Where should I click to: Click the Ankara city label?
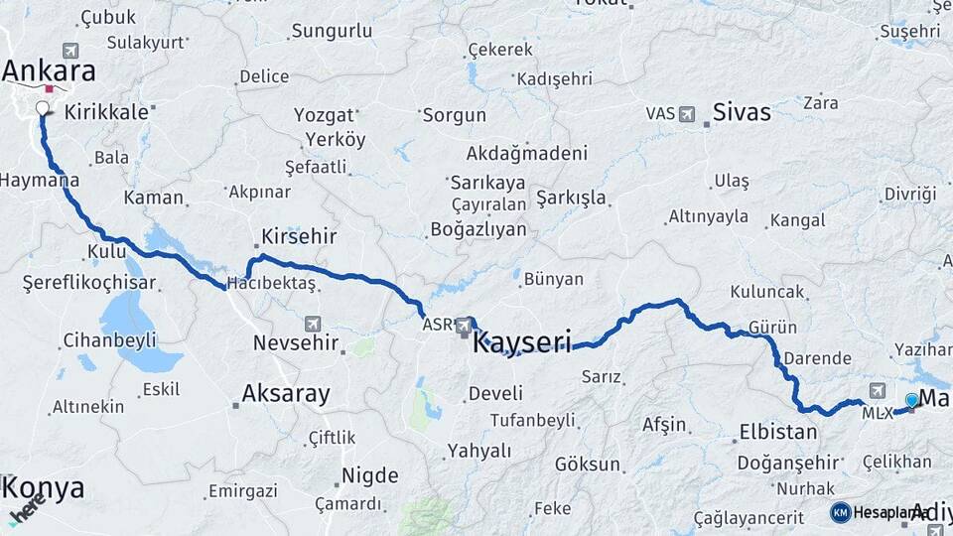[49, 71]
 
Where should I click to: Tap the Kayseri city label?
[522, 343]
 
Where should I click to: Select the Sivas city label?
[742, 112]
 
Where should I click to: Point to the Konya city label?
[43, 488]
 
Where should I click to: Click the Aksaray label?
[286, 394]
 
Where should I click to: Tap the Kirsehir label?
[299, 237]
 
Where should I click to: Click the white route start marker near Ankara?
[43, 108]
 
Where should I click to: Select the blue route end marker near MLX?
[911, 400]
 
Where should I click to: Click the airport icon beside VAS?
[687, 114]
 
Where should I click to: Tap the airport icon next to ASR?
[464, 325]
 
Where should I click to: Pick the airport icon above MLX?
[878, 391]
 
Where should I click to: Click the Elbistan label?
[778, 432]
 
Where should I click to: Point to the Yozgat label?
[324, 115]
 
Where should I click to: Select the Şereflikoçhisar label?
[89, 283]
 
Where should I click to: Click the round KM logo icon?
[840, 512]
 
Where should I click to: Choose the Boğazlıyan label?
[478, 228]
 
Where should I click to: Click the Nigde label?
[369, 474]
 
